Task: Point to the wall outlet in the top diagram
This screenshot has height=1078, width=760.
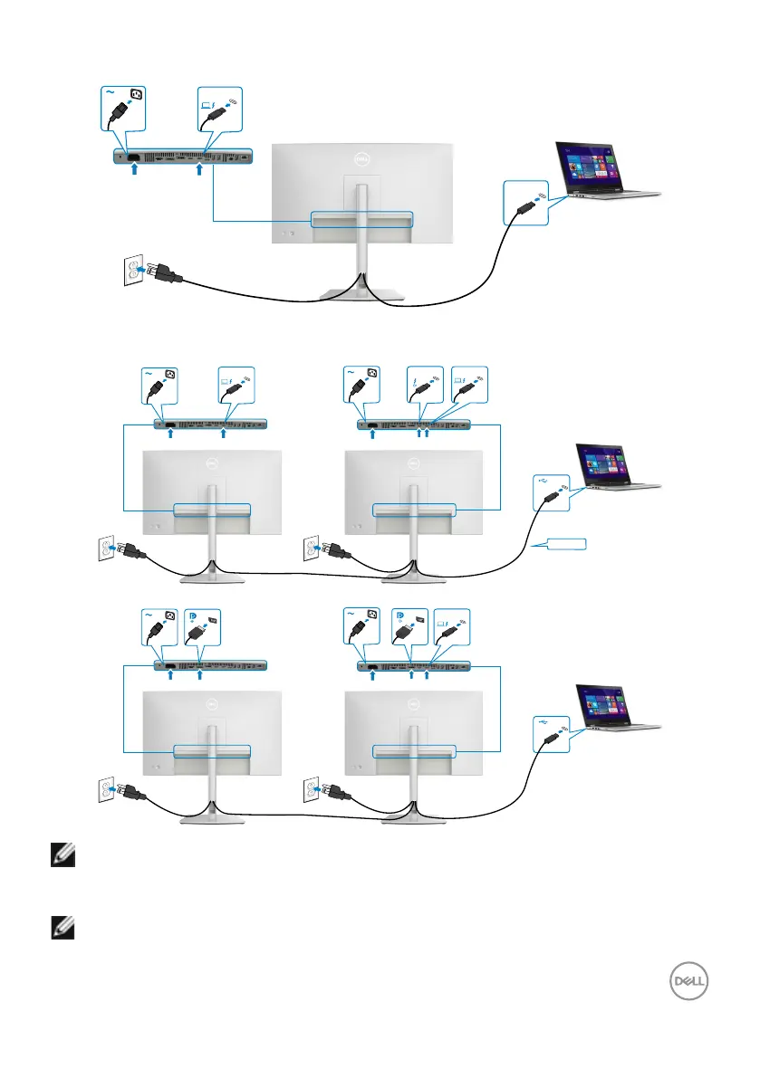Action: (133, 271)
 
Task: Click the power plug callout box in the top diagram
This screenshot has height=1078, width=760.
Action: (122, 112)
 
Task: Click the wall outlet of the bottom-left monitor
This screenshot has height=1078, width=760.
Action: (107, 787)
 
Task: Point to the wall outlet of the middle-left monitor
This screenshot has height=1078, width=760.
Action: (107, 549)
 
